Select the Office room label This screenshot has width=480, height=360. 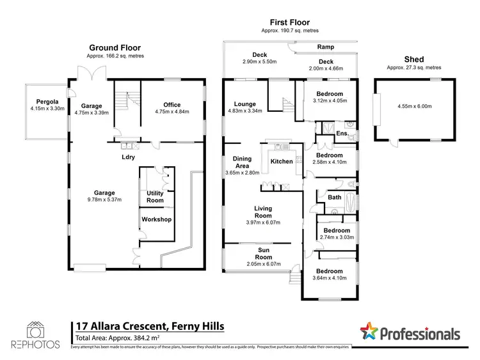pyautogui.click(x=172, y=105)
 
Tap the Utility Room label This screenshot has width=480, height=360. pyautogui.click(x=156, y=196)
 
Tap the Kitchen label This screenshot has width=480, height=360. pyautogui.click(x=281, y=162)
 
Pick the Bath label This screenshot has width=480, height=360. pyautogui.click(x=334, y=198)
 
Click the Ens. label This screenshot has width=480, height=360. pyautogui.click(x=341, y=134)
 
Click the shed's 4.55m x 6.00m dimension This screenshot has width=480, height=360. pyautogui.click(x=407, y=106)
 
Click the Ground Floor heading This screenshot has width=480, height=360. pyautogui.click(x=115, y=47)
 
